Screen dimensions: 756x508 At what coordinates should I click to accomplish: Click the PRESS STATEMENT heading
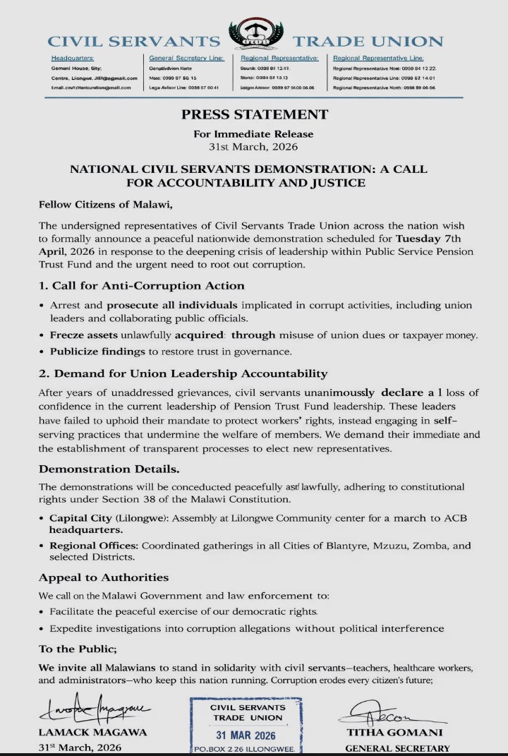point(254,114)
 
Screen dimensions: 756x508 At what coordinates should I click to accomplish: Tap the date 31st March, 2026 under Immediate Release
point(254,147)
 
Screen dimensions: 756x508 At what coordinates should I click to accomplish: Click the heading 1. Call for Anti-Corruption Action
point(142,286)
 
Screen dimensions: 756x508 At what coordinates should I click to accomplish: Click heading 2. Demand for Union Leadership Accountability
point(183,373)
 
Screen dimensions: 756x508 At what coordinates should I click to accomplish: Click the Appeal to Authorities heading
point(104,577)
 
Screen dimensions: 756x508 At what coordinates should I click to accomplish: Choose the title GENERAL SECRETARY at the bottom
point(398,748)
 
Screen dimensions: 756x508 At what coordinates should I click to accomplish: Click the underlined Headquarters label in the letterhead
point(72,57)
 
